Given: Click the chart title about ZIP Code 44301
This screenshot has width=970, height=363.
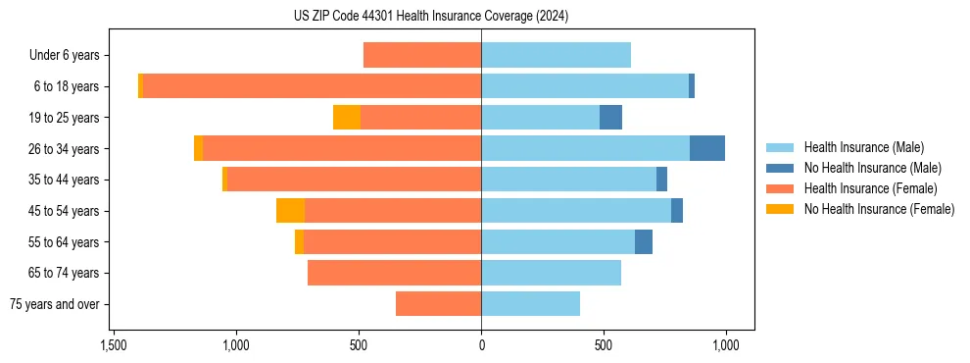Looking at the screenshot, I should [431, 17].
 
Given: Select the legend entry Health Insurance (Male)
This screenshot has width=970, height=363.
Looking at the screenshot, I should [863, 147].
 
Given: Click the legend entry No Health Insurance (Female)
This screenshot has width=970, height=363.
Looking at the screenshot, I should [879, 209].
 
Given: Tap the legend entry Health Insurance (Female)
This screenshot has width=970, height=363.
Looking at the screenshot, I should [870, 188].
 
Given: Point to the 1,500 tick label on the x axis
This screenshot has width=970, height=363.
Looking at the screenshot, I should [114, 345].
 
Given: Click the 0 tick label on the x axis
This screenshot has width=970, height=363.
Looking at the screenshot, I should [481, 345].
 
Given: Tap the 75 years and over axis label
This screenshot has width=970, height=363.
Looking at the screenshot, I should [55, 304].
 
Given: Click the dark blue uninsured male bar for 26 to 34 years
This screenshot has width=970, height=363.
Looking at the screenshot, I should [707, 148].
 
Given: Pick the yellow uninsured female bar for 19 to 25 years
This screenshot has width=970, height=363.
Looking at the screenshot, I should [347, 118].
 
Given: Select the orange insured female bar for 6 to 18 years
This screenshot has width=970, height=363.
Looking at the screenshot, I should [312, 86].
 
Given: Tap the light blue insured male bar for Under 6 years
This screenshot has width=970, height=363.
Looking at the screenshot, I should [556, 55].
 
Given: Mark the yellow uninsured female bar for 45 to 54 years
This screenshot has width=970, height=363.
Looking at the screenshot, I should [290, 211].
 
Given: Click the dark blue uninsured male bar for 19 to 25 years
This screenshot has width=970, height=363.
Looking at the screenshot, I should [610, 118].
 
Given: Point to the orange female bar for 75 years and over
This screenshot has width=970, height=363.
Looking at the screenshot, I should [438, 304].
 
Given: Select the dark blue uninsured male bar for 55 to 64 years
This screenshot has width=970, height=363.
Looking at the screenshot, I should [644, 241].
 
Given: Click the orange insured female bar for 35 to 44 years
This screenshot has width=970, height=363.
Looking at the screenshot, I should [354, 180].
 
